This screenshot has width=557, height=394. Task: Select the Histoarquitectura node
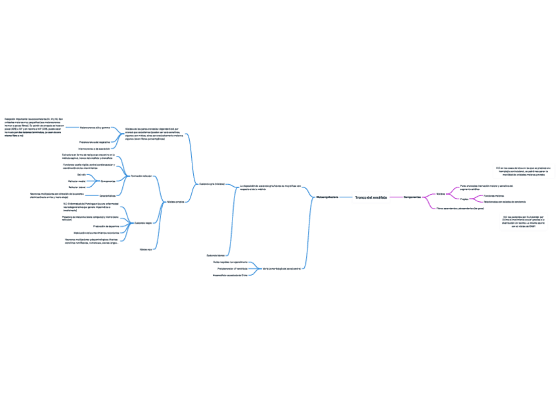pyautogui.click(x=326, y=197)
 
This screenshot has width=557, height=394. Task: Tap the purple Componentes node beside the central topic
pyautogui.click(x=412, y=197)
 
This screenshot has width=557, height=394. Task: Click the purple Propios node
pyautogui.click(x=464, y=198)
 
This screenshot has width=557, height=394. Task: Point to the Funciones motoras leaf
pyautogui.click(x=494, y=195)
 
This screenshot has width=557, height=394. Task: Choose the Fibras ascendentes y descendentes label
pyautogui.click(x=460, y=208)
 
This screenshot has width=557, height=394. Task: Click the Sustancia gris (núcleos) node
pyautogui.click(x=212, y=184)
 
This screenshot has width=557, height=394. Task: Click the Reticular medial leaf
pyautogui.click(x=77, y=181)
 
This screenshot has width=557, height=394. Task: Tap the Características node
pyautogui.click(x=108, y=196)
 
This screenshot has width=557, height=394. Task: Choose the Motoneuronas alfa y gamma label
pyautogui.click(x=95, y=127)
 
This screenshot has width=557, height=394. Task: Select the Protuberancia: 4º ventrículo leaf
pyautogui.click(x=232, y=268)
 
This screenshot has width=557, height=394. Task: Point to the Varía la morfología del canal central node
pyautogui.click(x=282, y=268)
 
